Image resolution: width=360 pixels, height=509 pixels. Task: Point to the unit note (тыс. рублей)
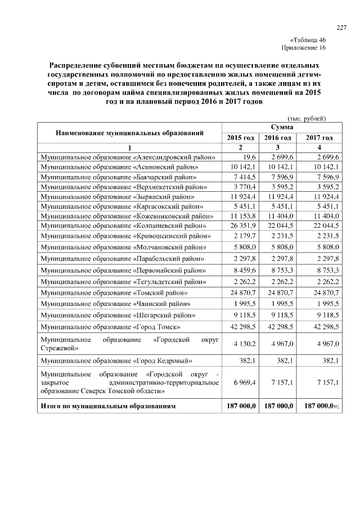(x=307, y=118)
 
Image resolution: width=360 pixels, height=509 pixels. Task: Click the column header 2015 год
(x=240, y=138)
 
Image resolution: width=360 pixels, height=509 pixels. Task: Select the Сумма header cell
(x=280, y=128)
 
